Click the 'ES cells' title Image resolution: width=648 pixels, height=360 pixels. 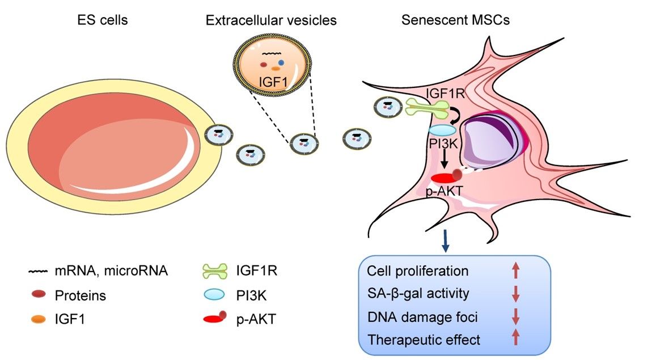point(103,21)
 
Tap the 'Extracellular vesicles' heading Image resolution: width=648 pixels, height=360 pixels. point(271,21)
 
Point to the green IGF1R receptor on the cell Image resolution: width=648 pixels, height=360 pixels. point(427,105)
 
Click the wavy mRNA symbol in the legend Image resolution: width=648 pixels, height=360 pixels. point(39,272)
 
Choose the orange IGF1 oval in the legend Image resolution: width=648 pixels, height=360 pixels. point(39,319)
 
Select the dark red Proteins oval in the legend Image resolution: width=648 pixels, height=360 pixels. point(39,295)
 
